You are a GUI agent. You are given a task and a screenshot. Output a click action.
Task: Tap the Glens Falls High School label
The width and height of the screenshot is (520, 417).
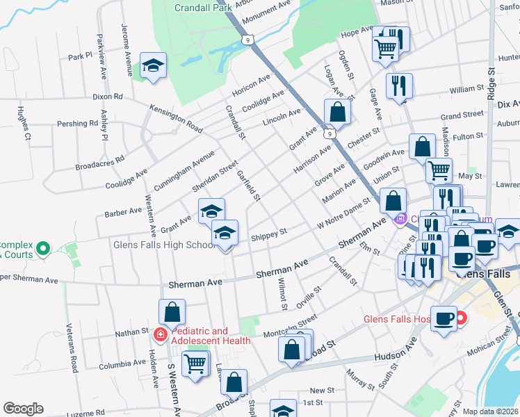click(x=165, y=245)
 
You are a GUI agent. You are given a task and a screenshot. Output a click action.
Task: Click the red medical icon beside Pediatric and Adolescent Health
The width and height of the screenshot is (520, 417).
click(x=160, y=335)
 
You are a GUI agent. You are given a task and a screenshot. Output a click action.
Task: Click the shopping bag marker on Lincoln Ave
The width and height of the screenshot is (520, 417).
click(x=337, y=111)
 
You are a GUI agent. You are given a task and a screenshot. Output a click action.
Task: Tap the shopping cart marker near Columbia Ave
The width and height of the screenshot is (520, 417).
click(x=195, y=362)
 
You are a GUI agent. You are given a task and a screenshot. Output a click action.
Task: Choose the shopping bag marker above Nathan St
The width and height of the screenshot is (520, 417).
click(x=172, y=311)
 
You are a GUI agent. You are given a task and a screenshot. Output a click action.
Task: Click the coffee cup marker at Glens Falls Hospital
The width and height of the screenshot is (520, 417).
click(x=444, y=318)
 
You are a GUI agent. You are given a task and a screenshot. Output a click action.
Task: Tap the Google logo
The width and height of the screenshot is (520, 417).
click(x=24, y=409)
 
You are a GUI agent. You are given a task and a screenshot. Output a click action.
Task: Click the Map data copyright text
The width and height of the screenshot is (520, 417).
click(x=490, y=411)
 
